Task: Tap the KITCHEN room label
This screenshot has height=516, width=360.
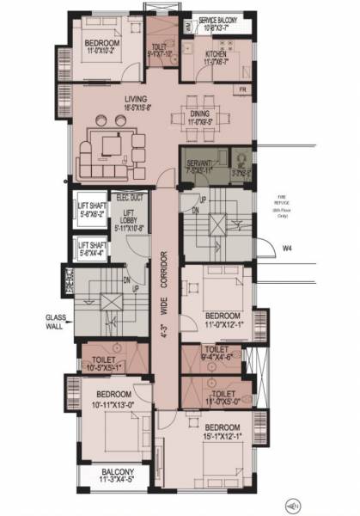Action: pyautogui.click(x=216, y=53)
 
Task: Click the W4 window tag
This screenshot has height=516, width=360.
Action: pyautogui.click(x=289, y=249)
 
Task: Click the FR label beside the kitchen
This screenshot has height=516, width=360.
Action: pyautogui.click(x=243, y=89)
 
